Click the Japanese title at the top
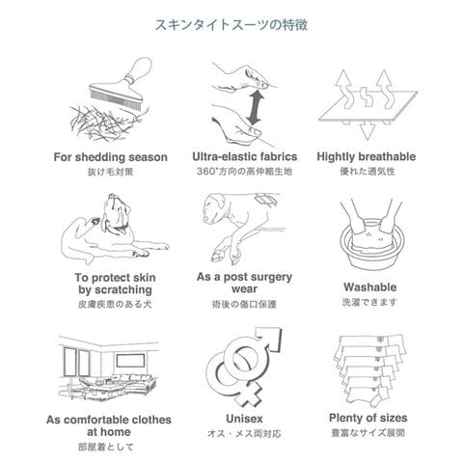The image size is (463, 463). (231, 25)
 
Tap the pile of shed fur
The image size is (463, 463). (104, 123)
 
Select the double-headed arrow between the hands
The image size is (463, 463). (255, 108)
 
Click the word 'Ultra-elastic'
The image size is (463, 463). (224, 156)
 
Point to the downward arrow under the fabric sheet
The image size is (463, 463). (367, 130)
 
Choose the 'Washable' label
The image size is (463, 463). (369, 287)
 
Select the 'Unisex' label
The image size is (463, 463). (244, 419)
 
